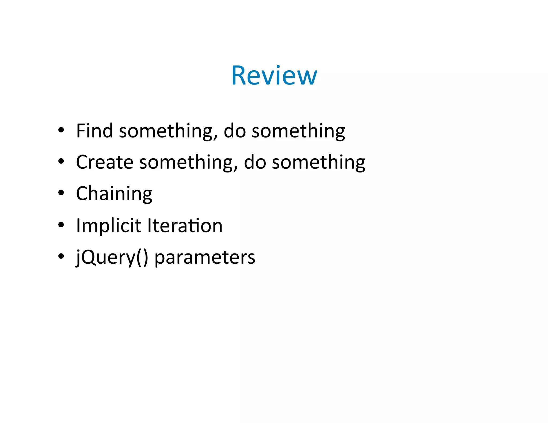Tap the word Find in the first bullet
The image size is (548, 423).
pos(94,131)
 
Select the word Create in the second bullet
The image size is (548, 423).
pos(105,162)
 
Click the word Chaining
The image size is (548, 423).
pos(114,194)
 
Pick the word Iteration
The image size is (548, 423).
pos(185,226)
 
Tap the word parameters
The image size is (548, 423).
pos(205,257)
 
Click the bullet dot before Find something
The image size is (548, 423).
pos(61,130)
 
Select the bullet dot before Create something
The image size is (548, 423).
pos(61,161)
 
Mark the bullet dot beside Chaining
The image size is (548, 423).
pos(61,193)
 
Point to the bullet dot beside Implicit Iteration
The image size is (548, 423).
pos(61,225)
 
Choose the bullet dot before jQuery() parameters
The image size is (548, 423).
pos(61,256)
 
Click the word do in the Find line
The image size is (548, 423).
pos(235,131)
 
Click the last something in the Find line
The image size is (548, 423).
pos(298,131)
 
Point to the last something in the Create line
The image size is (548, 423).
pos(318,163)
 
